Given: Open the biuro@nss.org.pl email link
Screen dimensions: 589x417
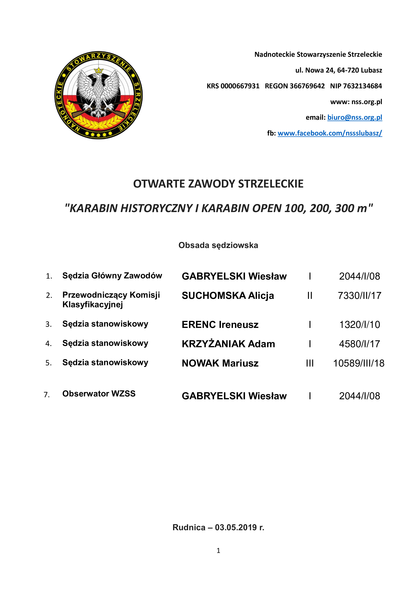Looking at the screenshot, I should click(355, 118).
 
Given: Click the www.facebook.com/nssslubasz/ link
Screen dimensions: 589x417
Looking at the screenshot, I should click(330, 133).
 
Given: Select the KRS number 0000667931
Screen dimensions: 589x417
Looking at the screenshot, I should click(240, 86).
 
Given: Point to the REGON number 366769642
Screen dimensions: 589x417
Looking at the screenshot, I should click(307, 86).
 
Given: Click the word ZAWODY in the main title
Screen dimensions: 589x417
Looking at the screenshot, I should click(211, 184).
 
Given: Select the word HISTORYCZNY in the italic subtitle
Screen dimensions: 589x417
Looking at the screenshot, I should click(156, 208).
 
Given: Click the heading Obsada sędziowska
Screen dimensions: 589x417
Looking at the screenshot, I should click(218, 245).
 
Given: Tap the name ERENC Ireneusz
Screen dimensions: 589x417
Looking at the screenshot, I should click(220, 325).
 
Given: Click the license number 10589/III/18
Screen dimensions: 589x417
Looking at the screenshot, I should click(359, 363).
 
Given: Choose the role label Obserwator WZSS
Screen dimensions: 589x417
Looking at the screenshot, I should click(99, 394).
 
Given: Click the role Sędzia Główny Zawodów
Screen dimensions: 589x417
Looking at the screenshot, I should click(112, 276).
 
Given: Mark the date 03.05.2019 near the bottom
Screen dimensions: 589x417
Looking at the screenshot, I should click(236, 527).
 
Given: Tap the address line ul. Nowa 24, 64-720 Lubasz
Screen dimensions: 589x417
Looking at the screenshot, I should click(339, 70).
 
